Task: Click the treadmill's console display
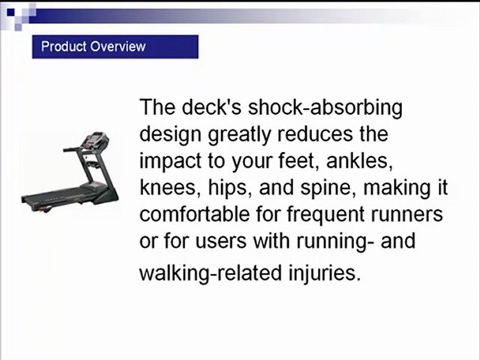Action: pyautogui.click(x=96, y=139)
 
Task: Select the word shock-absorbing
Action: pyautogui.click(x=325, y=108)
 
